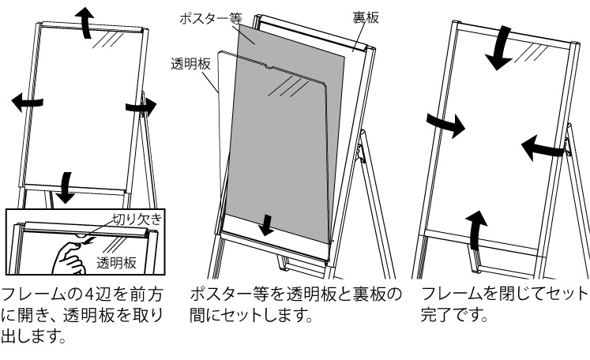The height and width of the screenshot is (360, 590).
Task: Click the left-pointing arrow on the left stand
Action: [x=27, y=102]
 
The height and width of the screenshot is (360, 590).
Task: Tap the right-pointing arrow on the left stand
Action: [x=141, y=107]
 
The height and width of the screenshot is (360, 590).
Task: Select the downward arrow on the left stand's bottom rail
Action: [x=66, y=187]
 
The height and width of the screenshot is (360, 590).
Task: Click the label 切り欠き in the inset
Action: [x=137, y=219]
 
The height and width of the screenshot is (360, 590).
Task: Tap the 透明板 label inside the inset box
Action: [x=116, y=263]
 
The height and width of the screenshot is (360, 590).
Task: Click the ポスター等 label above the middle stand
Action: [x=210, y=18]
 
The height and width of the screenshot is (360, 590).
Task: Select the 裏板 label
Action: [x=366, y=17]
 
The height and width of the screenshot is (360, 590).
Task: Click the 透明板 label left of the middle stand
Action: [x=190, y=64]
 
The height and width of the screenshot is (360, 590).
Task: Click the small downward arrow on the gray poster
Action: [x=268, y=225]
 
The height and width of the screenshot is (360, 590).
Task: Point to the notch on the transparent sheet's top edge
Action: [x=270, y=67]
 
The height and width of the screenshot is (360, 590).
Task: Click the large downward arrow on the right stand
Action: [x=500, y=49]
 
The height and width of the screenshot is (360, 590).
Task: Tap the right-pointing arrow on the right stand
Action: [x=446, y=124]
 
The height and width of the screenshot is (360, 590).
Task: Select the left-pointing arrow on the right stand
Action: [x=542, y=148]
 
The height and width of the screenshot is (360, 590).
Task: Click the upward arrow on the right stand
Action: [x=475, y=231]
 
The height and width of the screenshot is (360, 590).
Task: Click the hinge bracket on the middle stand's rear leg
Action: [x=361, y=153]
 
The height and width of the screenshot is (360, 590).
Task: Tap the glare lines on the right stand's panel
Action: [x=531, y=53]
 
